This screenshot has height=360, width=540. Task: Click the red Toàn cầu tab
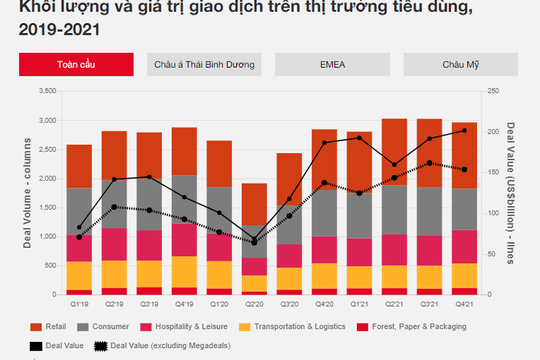pos(77,65)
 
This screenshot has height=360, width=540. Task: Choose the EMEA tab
pos(332,65)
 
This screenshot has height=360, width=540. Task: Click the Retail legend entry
pos(50,327)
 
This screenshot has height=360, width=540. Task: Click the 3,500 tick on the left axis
pos(48,91)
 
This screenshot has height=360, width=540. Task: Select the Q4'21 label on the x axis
pos(462,304)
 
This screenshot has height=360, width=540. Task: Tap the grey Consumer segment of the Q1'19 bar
pos(80,210)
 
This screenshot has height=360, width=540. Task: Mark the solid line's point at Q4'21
pos(462,131)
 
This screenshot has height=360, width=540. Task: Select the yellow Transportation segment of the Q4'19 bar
pos(184,271)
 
